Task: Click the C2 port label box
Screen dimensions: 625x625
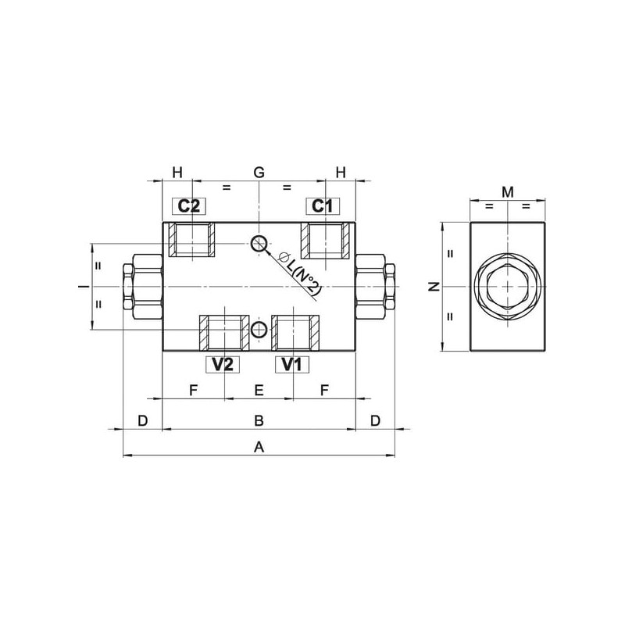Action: point(189,206)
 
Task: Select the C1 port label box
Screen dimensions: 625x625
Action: point(323,206)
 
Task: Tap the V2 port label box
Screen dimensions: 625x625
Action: point(223,364)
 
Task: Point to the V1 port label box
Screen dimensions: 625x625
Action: point(292,364)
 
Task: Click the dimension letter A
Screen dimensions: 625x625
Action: point(259,447)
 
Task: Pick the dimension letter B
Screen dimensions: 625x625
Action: point(259,420)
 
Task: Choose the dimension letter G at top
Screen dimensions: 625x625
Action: point(259,173)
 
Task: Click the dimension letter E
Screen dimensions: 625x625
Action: point(259,390)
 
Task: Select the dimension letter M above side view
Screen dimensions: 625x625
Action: point(507,192)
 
